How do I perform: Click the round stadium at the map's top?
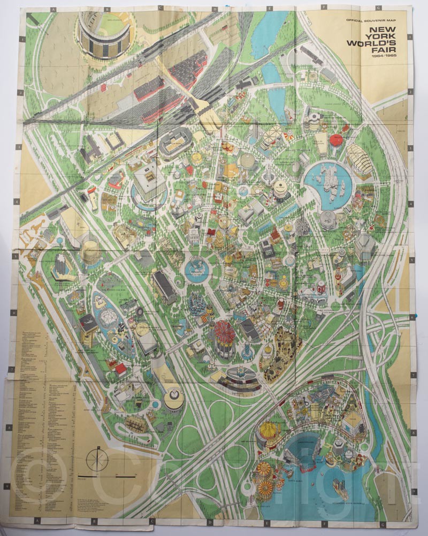click(105, 34)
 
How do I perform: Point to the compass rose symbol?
click(97, 459)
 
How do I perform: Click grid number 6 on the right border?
click(411, 316)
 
